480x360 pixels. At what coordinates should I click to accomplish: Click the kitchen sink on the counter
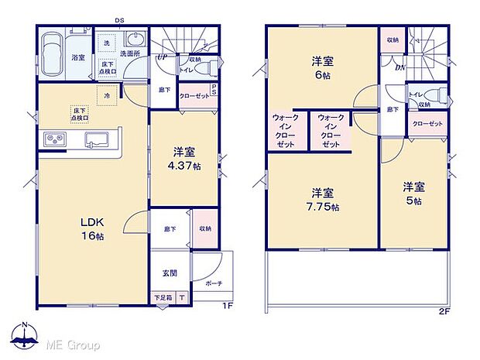pyautogui.click(x=98, y=140)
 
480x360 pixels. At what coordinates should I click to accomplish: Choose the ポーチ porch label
pyautogui.click(x=214, y=284)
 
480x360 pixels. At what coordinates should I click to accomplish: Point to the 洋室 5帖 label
pyautogui.click(x=413, y=193)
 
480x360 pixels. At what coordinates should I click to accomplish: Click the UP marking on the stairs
pyautogui.click(x=163, y=57)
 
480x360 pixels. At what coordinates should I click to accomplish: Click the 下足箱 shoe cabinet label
pyautogui.click(x=162, y=298)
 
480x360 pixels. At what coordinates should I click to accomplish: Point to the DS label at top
pyautogui.click(x=121, y=21)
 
